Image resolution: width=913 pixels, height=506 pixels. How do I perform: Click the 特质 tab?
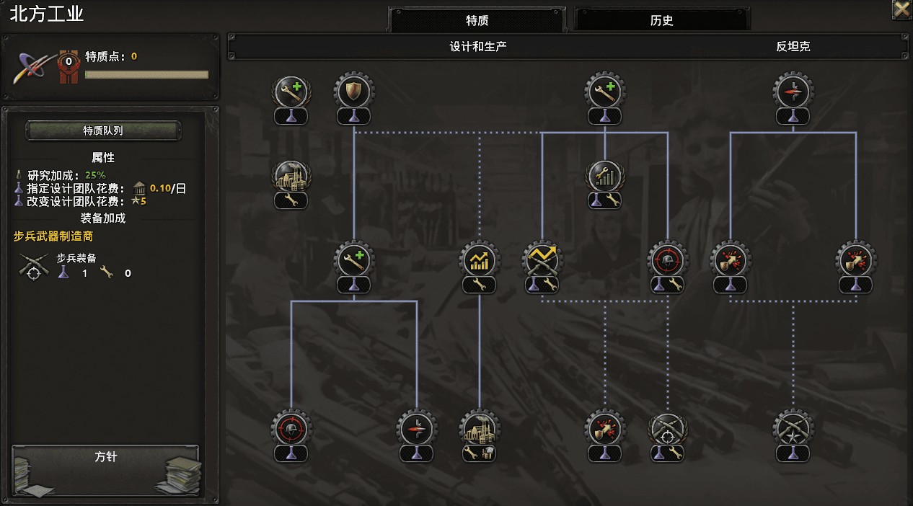click(x=477, y=20)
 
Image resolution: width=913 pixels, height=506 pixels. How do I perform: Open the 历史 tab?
click(x=661, y=20)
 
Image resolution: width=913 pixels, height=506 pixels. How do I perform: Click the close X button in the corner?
click(x=901, y=9)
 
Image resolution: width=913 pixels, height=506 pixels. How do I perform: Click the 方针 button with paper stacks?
click(x=105, y=471)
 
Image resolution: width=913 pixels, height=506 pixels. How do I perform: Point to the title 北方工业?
click(x=47, y=14)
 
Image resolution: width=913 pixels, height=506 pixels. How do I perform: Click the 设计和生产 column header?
click(x=478, y=46)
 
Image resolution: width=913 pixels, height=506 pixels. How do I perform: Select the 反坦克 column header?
click(x=793, y=46)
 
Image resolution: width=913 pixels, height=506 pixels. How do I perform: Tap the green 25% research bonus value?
click(x=95, y=175)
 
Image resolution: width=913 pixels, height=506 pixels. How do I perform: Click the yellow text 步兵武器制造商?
click(x=53, y=236)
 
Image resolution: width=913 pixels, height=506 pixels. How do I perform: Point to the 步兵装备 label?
click(x=76, y=258)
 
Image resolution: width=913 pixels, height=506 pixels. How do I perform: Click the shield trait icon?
click(x=354, y=92)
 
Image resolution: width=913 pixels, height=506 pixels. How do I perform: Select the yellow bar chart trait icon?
click(x=480, y=260)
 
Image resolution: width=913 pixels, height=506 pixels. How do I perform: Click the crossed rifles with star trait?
click(x=793, y=430)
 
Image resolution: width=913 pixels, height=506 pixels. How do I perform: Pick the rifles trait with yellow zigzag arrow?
click(x=542, y=260)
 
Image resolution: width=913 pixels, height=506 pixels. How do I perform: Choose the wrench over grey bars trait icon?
click(x=605, y=176)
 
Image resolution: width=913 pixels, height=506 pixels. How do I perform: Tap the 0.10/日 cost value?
click(x=167, y=188)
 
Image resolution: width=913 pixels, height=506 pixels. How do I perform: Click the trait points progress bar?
click(x=146, y=74)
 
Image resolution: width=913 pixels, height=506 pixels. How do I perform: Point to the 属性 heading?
click(x=103, y=157)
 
